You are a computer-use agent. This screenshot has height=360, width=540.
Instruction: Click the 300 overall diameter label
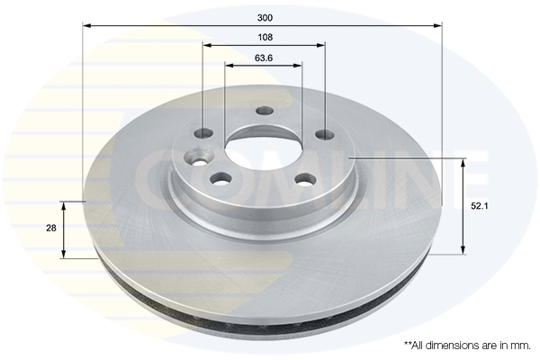264,17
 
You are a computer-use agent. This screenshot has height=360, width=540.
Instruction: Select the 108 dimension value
264,38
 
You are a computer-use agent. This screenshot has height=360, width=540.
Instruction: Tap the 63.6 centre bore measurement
264,58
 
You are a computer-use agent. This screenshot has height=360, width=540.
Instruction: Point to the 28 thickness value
50,229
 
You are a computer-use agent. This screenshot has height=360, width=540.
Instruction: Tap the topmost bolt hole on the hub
264,112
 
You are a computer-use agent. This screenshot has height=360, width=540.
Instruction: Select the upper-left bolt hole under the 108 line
204,134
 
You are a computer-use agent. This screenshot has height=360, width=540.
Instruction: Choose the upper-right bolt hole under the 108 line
322,136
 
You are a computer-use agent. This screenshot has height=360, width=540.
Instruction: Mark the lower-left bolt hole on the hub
219,178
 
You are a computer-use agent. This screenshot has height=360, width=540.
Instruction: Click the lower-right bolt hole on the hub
302,179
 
